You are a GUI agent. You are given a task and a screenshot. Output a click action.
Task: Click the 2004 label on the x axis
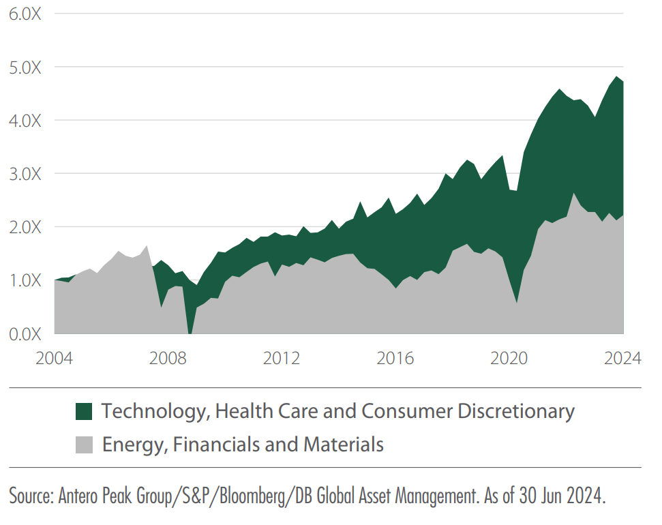point(55,358)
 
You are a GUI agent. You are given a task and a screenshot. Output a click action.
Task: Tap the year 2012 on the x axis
point(282,358)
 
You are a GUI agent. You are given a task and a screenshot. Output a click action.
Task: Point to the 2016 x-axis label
point(396,358)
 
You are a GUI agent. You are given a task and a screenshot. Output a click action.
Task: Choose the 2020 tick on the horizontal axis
point(509,358)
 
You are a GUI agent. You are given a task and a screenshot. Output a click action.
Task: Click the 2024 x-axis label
point(622,358)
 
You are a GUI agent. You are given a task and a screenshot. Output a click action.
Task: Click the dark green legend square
point(84,411)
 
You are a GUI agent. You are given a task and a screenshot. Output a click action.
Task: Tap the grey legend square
point(84,445)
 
